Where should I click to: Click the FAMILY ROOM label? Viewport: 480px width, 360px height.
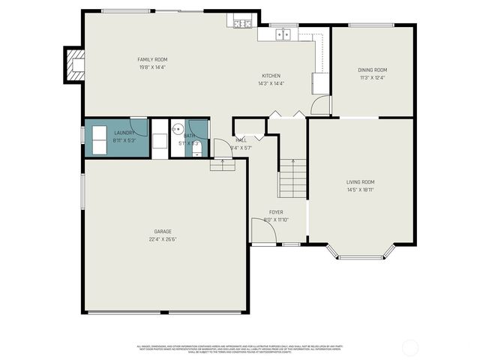coord(151,59)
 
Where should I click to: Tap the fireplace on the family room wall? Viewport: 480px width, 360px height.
coord(74,64)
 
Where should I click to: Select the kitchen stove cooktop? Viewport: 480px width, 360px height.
coord(241,24)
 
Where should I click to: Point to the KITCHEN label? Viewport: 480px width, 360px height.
coord(271,76)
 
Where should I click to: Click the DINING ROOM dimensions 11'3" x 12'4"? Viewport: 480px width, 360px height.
coord(373,77)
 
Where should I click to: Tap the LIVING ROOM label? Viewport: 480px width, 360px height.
coord(360,181)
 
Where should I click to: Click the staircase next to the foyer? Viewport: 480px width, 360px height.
coord(292,178)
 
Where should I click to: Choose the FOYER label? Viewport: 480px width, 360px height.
coord(276,212)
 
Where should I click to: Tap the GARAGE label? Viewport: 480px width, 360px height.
coord(163,232)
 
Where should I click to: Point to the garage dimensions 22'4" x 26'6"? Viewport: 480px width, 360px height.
coord(163,239)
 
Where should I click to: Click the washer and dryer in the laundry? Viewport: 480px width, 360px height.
coord(100,138)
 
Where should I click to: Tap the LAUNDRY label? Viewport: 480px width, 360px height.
coord(124,133)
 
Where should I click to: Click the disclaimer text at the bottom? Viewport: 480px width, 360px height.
coord(239,349)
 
